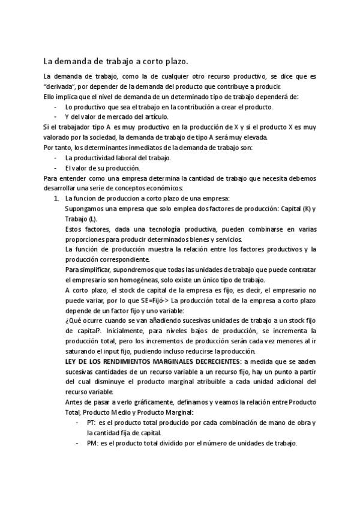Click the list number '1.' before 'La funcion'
click(57, 199)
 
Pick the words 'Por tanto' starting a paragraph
click(58, 148)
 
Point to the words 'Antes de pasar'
click(87, 403)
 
